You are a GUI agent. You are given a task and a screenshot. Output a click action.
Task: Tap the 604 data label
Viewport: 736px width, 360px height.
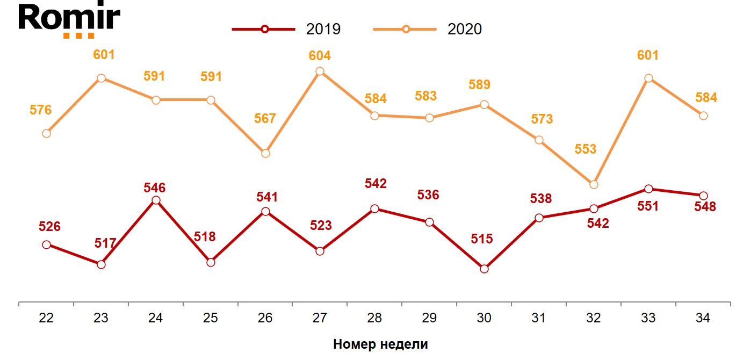pos(320,56)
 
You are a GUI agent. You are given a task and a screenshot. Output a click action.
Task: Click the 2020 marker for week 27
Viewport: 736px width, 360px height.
pos(320,71)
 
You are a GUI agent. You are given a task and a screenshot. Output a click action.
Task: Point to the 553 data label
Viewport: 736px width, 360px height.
pos(586,149)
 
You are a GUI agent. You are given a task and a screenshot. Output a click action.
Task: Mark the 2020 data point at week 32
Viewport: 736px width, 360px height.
pos(594,184)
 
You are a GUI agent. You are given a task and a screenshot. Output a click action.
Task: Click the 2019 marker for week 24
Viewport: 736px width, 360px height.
pos(156,200)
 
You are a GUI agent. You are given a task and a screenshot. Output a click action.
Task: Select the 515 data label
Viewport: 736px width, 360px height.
pos(481,239)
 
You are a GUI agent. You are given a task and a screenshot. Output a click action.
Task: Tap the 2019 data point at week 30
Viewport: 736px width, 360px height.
pos(484,269)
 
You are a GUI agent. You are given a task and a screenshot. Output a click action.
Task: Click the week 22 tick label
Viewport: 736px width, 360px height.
pos(46,318)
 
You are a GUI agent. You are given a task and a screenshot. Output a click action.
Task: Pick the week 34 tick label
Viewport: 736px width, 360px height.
pos(703,318)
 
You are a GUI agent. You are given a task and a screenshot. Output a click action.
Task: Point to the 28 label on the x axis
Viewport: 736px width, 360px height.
pos(374,318)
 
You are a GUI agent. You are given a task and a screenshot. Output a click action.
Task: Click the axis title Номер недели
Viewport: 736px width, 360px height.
pos(380,344)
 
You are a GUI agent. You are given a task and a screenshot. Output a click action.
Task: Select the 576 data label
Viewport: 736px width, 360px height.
pos(41,110)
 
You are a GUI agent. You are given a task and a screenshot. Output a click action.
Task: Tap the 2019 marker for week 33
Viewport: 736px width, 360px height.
pos(648,189)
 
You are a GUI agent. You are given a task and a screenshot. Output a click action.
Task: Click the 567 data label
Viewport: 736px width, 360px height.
pos(265,118)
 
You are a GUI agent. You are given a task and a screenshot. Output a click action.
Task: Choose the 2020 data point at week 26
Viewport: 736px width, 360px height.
pos(265,153)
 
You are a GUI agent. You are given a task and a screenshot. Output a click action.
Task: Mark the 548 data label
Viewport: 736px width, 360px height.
pos(705,206)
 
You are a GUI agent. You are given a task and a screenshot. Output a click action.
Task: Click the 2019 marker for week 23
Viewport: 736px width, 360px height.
pos(101,264)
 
